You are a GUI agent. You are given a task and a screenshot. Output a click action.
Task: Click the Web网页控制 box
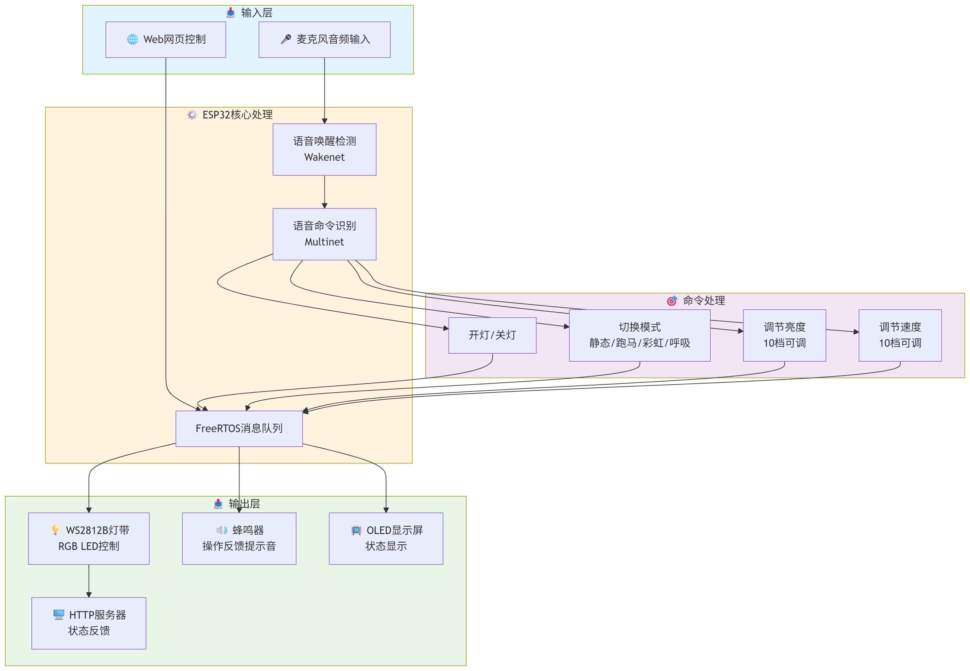[166, 39]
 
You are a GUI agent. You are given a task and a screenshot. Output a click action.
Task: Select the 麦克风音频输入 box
[324, 39]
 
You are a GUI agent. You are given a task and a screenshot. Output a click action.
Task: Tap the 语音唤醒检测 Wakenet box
[324, 149]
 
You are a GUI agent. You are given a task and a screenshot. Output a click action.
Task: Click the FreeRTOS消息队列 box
[239, 428]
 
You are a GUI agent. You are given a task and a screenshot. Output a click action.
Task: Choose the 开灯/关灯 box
[492, 335]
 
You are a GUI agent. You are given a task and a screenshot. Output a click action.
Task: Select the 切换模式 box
[639, 335]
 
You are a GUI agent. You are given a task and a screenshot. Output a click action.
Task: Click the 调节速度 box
[900, 335]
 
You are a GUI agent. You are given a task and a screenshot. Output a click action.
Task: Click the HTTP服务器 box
[89, 623]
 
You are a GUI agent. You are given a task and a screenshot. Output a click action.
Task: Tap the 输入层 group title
[256, 13]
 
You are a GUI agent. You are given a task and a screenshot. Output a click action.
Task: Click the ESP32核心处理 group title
[237, 115]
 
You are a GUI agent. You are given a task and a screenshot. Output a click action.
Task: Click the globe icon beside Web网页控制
[132, 39]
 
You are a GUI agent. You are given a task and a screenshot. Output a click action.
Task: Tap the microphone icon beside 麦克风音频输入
[286, 39]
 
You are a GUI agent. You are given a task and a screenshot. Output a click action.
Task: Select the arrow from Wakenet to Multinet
[324, 192]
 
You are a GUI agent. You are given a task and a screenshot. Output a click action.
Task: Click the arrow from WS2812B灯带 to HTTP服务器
[89, 581]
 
